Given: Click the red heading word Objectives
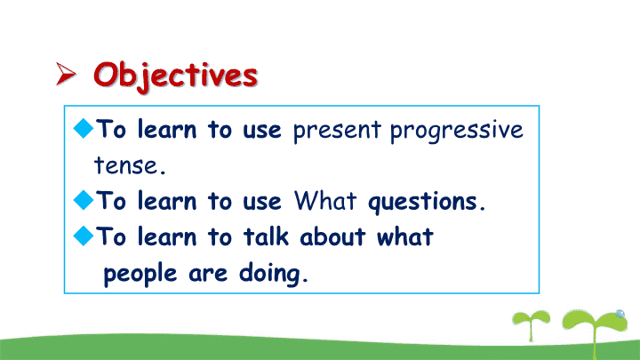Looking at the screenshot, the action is coord(175,76).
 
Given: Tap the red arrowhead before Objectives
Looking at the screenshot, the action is coord(66,74).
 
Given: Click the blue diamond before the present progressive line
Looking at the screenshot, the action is coord(84,128).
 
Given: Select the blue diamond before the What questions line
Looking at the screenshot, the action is coord(84,200).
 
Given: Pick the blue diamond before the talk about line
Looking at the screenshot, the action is coord(84,236).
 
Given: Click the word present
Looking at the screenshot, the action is coord(337,131).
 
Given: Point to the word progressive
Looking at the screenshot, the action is coord(456,131).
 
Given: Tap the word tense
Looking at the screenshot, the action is coord(130,165).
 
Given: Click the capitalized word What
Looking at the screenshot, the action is coord(325,200).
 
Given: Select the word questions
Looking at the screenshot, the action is coord(427,202).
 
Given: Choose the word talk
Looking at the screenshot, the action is coord(266,236).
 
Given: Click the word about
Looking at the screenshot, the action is coord(332,236).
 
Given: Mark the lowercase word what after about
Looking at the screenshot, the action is coord(404,236).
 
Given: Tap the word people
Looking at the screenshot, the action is coord(140,274).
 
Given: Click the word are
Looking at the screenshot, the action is coord(208,274).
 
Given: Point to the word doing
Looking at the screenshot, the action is coord(273,274).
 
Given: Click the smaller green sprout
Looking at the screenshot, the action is coord(531,325).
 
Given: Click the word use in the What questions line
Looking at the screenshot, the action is coord(262,202).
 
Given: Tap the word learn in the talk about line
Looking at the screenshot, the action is coord(167,236).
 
